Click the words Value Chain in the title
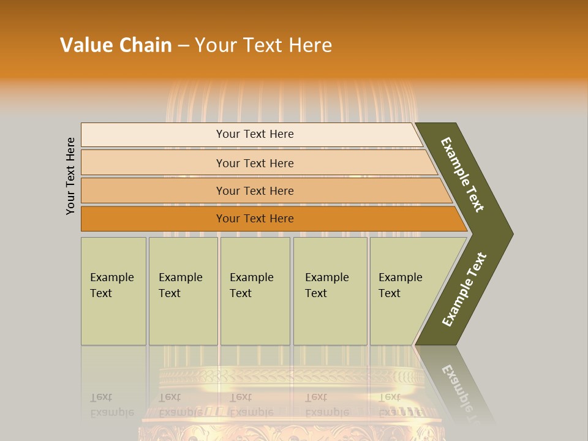point(116,45)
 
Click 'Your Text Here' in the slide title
point(263,45)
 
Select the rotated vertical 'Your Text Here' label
point(70,176)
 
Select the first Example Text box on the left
point(113,291)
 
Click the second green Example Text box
point(183,291)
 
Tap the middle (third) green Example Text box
point(255,291)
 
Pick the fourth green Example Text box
point(330,291)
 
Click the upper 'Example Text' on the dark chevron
point(462,175)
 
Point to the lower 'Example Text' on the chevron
point(464,290)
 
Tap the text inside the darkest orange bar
point(255,219)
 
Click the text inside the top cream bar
point(255,134)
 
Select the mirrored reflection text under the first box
point(111,405)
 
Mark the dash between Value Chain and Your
point(183,46)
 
